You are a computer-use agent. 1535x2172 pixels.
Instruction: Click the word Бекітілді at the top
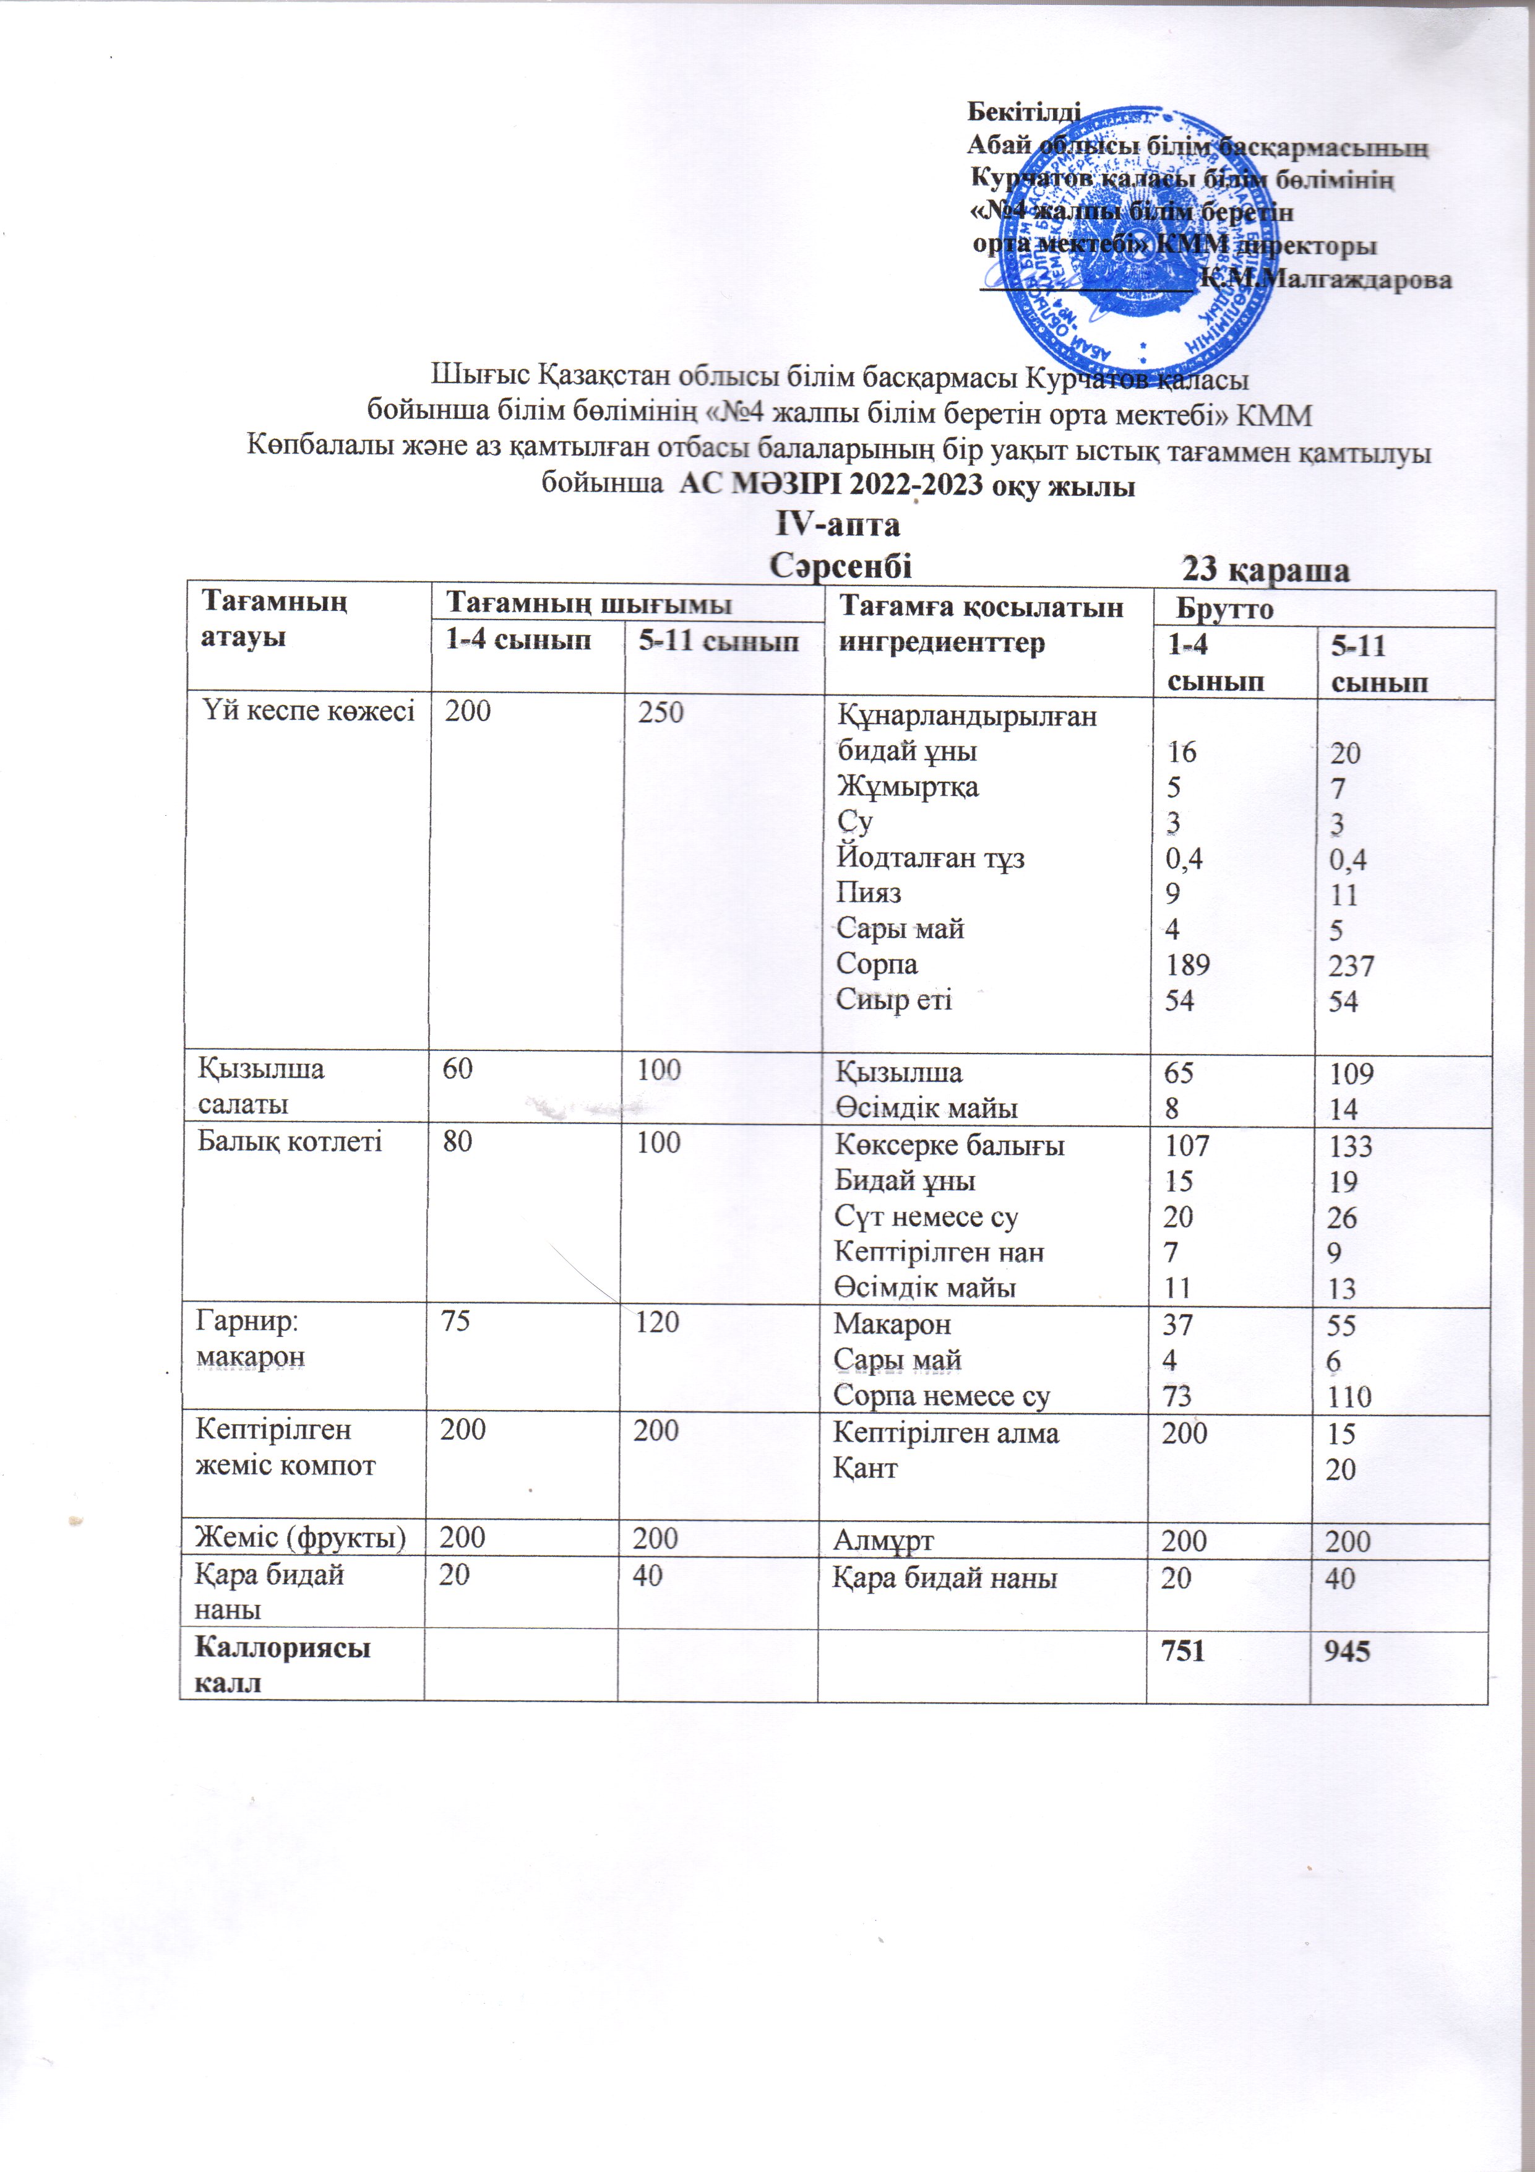coord(1023,111)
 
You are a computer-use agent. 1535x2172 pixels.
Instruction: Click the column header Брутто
coord(1225,609)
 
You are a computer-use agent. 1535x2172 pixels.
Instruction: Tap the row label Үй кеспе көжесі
coord(308,711)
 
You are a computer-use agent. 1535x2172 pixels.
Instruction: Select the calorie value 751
coord(1183,1651)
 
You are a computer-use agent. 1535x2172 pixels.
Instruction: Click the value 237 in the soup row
coord(1351,966)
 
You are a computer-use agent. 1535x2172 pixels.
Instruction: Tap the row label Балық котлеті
coord(290,1142)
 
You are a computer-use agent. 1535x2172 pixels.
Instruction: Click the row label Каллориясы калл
coord(282,1665)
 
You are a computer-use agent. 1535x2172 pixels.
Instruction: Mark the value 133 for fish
coord(1349,1146)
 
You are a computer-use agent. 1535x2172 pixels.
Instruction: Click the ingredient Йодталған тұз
coord(931,858)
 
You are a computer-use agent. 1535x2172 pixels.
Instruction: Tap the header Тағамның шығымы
coord(588,604)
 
